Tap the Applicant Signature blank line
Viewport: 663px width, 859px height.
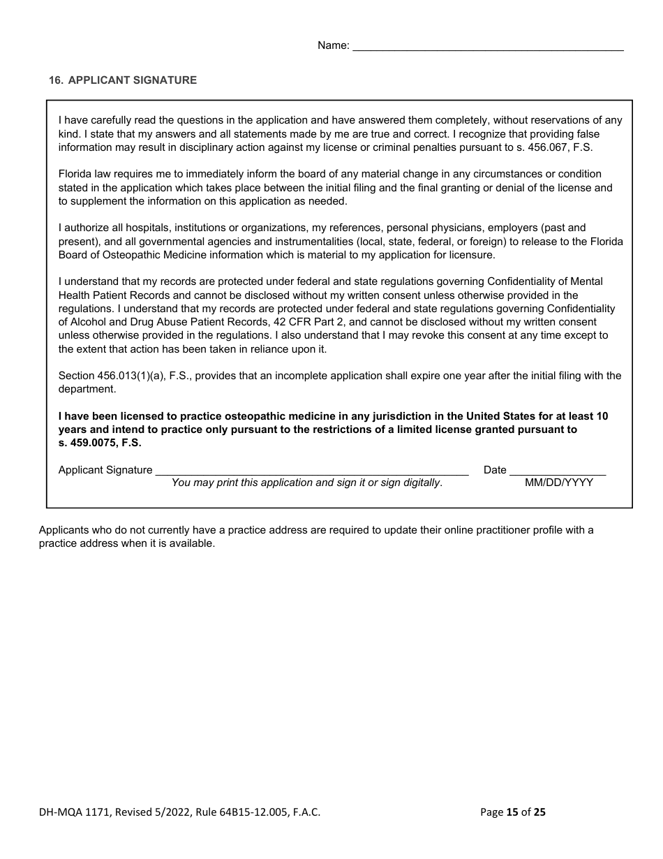(x=311, y=471)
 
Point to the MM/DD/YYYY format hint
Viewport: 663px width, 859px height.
(x=558, y=483)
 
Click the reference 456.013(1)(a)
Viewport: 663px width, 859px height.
(x=127, y=376)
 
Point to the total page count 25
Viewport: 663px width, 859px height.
(x=539, y=812)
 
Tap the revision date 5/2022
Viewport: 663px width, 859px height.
(x=163, y=812)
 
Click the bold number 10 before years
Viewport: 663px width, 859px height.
(x=602, y=416)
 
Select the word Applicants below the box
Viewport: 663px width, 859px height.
(x=64, y=530)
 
